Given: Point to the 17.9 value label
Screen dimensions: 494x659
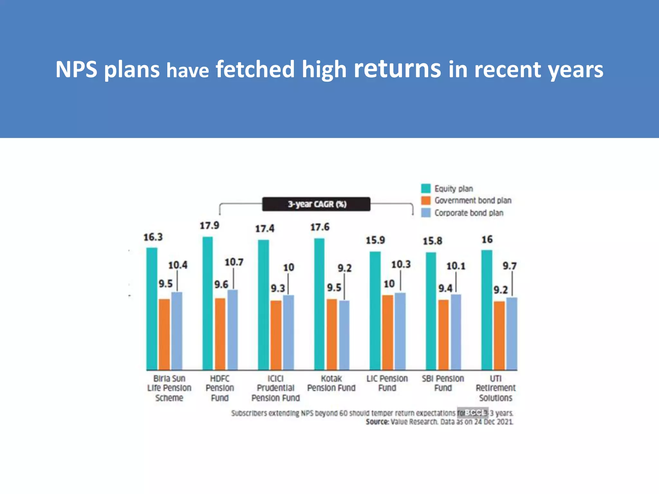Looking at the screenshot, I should [209, 226].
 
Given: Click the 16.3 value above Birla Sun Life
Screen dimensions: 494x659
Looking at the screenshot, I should [153, 237].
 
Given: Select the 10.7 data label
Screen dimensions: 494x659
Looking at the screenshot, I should [234, 262].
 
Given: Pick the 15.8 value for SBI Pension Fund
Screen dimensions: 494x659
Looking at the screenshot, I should [432, 241].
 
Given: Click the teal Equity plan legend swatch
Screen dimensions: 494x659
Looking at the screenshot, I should [426, 188].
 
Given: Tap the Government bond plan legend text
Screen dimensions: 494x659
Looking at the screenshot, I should [473, 201].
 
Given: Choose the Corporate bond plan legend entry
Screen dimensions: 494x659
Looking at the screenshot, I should [469, 213].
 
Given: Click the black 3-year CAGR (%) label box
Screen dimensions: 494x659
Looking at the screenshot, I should [316, 204].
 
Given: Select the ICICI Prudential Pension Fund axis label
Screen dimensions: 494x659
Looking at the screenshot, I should [275, 388].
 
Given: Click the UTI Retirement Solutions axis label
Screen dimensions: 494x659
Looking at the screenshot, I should [496, 388].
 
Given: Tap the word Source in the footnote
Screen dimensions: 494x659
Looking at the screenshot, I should [377, 422].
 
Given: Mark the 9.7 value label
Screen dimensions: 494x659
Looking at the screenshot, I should [509, 266].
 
